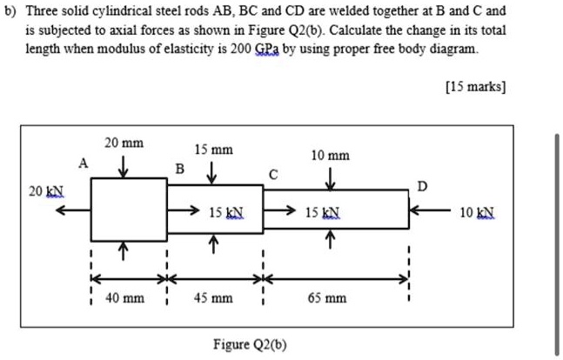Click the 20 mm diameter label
(x=124, y=143)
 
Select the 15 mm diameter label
(x=213, y=150)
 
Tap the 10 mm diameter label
(x=331, y=156)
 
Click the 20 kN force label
(x=39, y=190)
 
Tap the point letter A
(x=83, y=163)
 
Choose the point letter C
(x=273, y=174)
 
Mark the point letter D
(x=424, y=185)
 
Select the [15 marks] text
(x=475, y=87)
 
